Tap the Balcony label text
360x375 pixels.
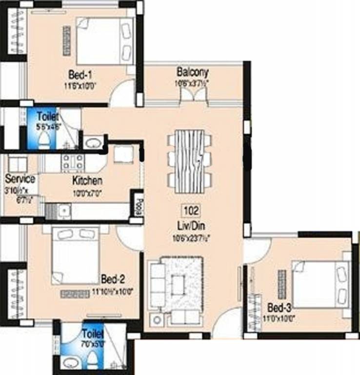tap(192, 73)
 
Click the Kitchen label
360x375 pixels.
tap(87, 181)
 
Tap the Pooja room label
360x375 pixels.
tap(138, 202)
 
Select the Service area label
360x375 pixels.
tap(20, 179)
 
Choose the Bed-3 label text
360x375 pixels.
tap(280, 309)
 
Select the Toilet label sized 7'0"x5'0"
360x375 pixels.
tap(93, 334)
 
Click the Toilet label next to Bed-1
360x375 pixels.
tap(48, 117)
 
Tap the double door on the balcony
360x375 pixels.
tap(194, 96)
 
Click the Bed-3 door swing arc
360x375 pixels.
tap(256, 250)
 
